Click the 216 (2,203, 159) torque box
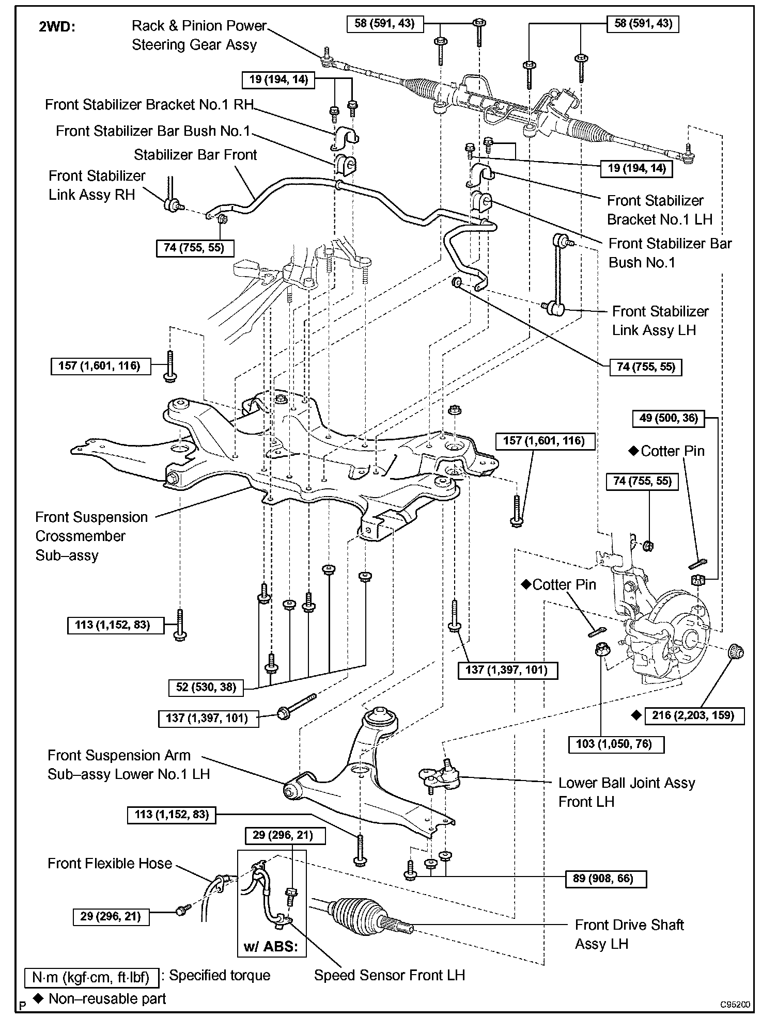(x=693, y=715)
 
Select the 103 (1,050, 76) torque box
(x=616, y=744)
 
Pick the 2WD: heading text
(x=57, y=27)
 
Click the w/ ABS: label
(x=271, y=947)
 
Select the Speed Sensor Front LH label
(x=390, y=975)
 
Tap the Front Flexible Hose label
(x=110, y=864)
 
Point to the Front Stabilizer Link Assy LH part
(x=557, y=276)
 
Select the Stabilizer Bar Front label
(x=195, y=155)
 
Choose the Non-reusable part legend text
(x=107, y=998)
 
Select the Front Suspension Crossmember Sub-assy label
(x=91, y=536)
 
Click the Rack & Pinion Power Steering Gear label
(x=199, y=35)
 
